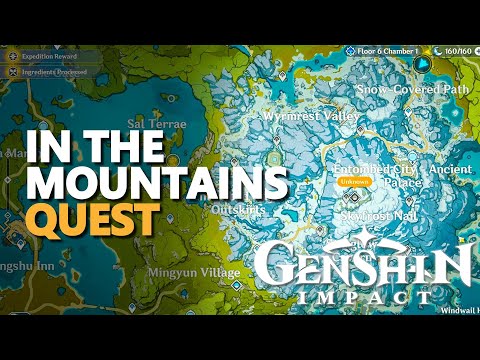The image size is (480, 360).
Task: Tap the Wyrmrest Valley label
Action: coord(311,116)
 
